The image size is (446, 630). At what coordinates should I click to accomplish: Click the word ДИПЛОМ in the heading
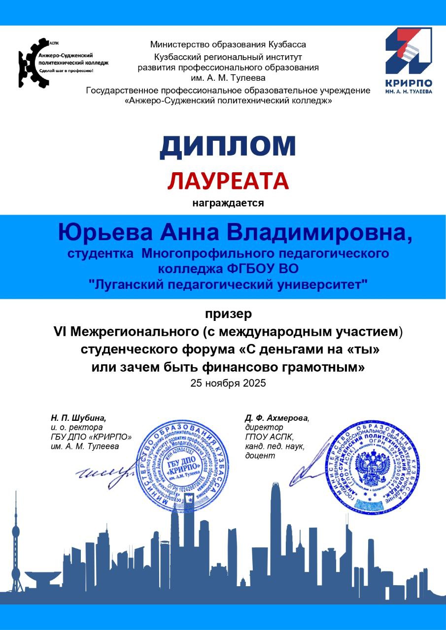(x=228, y=146)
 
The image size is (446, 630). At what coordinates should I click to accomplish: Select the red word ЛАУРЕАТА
(x=228, y=181)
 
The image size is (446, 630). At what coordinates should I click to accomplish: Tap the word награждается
(x=228, y=203)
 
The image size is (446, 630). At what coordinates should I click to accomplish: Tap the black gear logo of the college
(x=30, y=63)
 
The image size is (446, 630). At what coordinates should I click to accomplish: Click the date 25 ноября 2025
(x=228, y=383)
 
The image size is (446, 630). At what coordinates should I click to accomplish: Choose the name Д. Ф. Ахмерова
(x=276, y=418)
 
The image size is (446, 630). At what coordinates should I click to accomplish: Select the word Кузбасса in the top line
(x=287, y=44)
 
